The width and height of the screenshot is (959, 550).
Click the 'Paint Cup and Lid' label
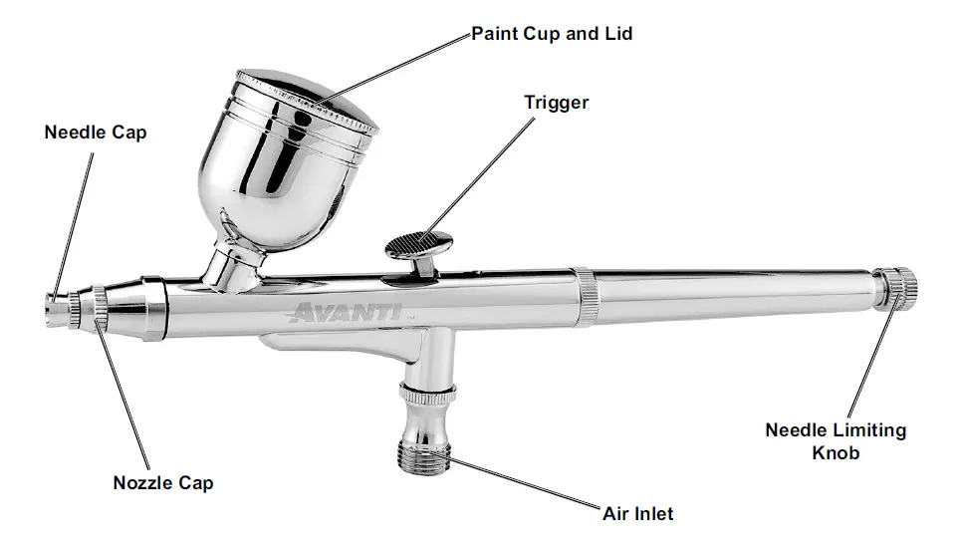(552, 34)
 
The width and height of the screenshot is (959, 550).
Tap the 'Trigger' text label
(557, 103)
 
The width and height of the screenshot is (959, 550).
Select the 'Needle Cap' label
(95, 133)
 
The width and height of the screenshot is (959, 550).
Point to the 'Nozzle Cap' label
(162, 483)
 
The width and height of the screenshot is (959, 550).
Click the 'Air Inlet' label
(638, 514)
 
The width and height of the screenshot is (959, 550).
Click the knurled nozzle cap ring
(102, 307)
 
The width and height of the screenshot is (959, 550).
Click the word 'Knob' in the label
(836, 452)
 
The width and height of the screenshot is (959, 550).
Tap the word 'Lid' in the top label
(616, 34)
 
